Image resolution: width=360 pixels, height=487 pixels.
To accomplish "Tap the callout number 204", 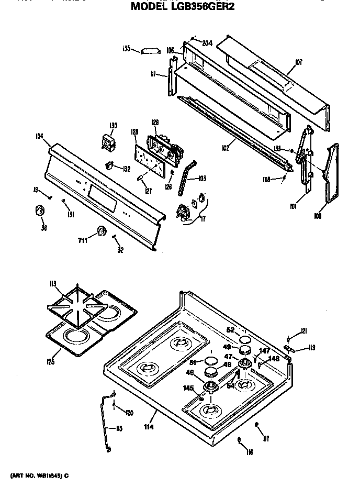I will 207,43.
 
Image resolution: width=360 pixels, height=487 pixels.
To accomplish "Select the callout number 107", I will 299,63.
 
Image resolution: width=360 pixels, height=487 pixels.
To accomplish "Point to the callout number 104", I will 39,136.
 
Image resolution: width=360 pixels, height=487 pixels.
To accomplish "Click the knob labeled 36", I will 39,211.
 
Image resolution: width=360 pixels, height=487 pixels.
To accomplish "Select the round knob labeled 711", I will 101,231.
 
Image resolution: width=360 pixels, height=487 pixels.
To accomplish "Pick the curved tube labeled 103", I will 185,178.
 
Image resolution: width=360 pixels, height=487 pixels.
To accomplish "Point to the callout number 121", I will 303,330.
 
